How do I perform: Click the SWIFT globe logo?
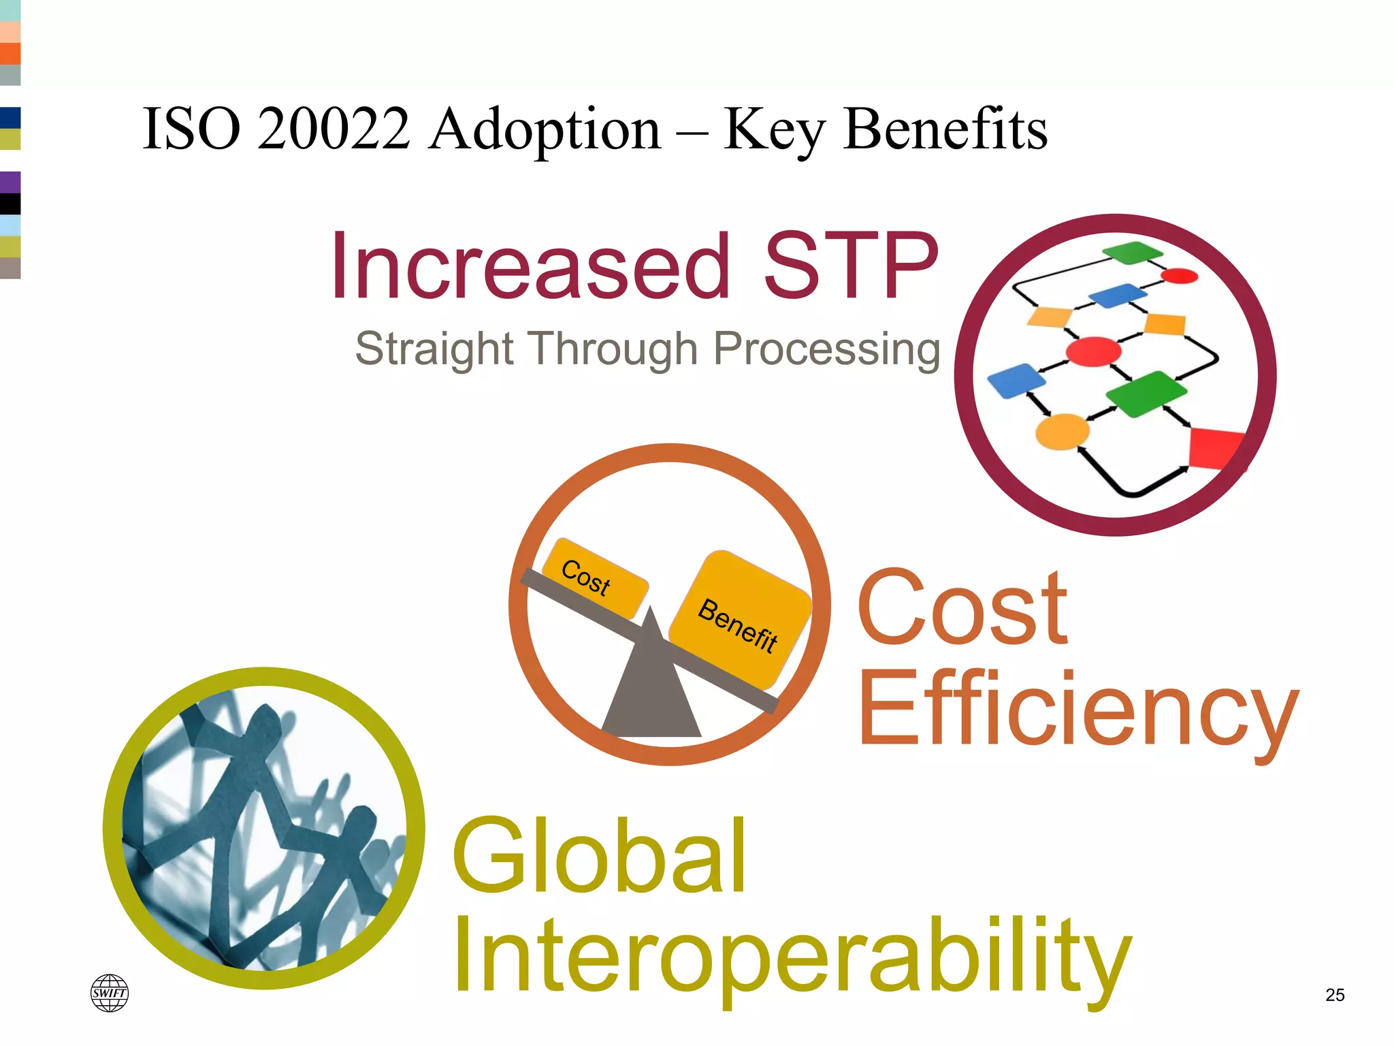pyautogui.click(x=110, y=993)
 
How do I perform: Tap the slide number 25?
pyautogui.click(x=1335, y=995)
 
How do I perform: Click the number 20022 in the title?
pyautogui.click(x=334, y=129)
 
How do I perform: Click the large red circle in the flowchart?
pyautogui.click(x=1093, y=352)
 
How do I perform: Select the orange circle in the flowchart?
pyautogui.click(x=1062, y=432)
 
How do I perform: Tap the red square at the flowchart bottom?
pyautogui.click(x=1215, y=448)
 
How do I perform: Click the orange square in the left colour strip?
pyautogui.click(x=10, y=53)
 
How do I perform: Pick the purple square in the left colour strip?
pyautogui.click(x=10, y=182)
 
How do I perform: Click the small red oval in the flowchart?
pyautogui.click(x=1179, y=276)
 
